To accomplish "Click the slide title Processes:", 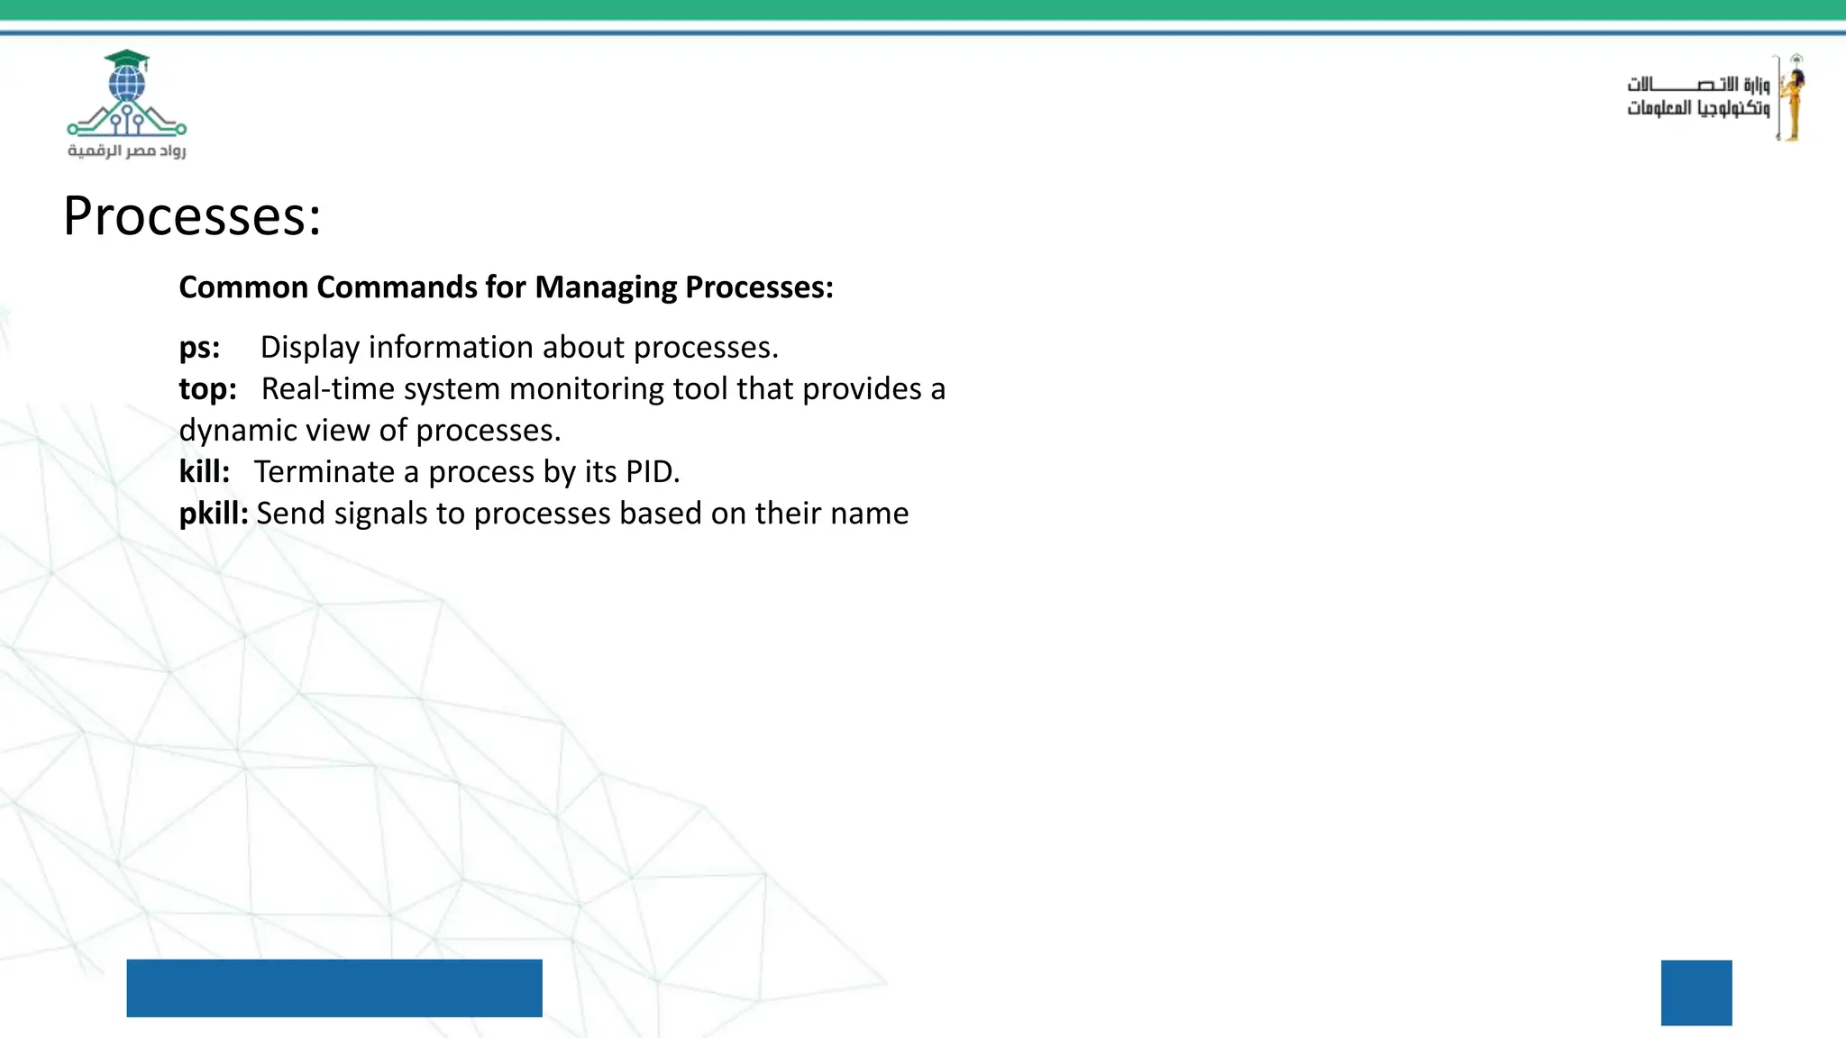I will [x=192, y=217].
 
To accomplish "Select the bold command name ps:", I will [x=199, y=348].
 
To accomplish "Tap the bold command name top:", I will [x=207, y=389].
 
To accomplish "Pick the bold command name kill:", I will [x=205, y=472].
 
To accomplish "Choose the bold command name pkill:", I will [x=214, y=514].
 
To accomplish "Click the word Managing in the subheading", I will [x=605, y=288].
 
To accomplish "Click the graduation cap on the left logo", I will [x=127, y=60].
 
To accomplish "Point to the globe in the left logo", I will [x=127, y=86].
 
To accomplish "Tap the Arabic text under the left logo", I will [x=127, y=150].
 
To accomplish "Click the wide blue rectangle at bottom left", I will [x=334, y=988].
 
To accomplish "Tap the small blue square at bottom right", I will [x=1696, y=993].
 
